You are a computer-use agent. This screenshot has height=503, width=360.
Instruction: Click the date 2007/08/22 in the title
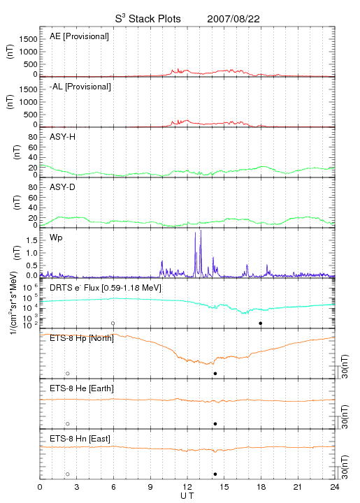[x=233, y=19]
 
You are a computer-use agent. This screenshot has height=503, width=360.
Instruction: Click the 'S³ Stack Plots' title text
[x=148, y=19]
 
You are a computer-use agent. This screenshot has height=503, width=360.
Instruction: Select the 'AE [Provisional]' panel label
[x=79, y=36]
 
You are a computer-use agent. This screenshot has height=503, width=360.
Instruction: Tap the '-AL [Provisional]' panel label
[x=80, y=87]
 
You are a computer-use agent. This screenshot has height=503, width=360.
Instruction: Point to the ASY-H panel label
[x=63, y=137]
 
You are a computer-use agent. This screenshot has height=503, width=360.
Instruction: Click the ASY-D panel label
[x=63, y=187]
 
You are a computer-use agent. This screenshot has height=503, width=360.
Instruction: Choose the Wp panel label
[x=56, y=238]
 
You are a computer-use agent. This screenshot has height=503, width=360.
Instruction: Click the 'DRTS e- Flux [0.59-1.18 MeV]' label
[x=106, y=288]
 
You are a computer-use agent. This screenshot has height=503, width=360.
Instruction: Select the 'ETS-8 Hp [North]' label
[x=82, y=338]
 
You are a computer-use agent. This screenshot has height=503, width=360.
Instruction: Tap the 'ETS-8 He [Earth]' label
[x=82, y=388]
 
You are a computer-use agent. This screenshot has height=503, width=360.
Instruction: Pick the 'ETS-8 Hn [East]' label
[x=80, y=439]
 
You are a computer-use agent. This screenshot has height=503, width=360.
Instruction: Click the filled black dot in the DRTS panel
[x=261, y=323]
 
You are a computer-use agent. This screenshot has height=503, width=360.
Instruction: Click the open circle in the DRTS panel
[x=113, y=323]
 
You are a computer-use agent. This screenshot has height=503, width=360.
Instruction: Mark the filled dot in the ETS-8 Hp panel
[x=215, y=373]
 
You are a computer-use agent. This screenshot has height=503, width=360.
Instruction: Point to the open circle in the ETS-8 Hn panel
[x=68, y=474]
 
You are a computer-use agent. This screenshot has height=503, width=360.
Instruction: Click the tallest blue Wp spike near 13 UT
[x=201, y=231]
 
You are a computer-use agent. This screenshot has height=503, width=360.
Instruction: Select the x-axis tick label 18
[x=261, y=487]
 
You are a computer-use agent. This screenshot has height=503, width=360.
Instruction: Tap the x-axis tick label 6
[x=113, y=487]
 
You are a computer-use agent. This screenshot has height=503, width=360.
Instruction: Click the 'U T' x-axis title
[x=187, y=496]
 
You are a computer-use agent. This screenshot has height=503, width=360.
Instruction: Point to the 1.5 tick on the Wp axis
[x=31, y=240]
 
